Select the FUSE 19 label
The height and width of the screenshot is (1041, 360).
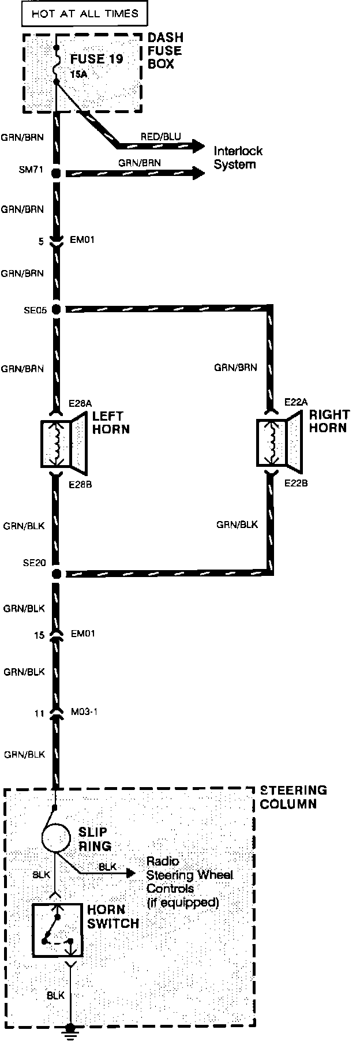coord(96,59)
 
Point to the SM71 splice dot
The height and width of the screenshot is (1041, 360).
coord(56,173)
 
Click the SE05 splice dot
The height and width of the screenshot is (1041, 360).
coord(56,310)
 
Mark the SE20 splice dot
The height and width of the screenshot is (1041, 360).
coord(56,574)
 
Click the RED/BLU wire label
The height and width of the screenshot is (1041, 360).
coord(160,137)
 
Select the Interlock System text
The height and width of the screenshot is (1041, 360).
coord(238,158)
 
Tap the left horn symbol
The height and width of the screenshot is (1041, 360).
coord(63,443)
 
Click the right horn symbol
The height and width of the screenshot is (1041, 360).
coord(279,443)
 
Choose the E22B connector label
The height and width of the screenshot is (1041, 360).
coord(296,483)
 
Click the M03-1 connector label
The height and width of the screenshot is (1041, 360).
coord(84,712)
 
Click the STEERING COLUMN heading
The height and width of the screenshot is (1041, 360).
coord(293,797)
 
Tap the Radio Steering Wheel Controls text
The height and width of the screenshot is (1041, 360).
coord(189,882)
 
